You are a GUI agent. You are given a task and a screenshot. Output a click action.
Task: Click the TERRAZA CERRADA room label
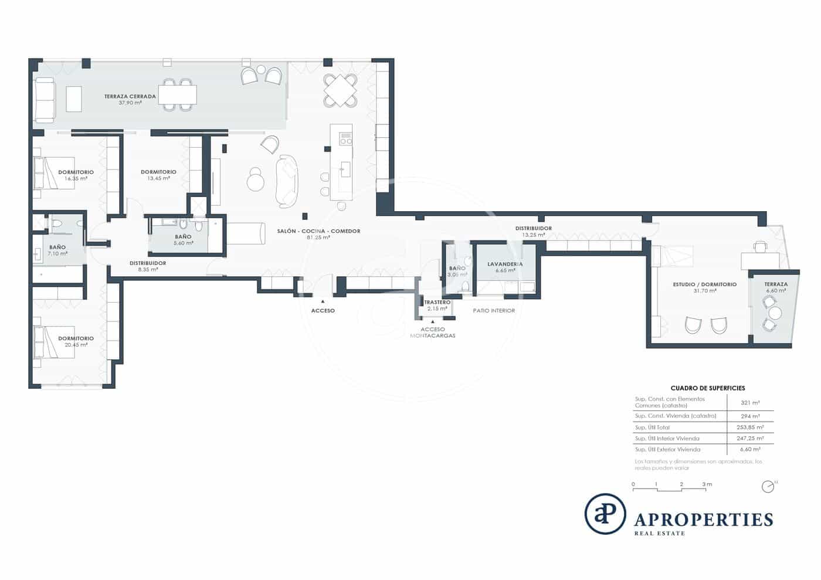click(x=130, y=97)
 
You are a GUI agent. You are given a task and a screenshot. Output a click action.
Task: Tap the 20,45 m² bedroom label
click(x=76, y=338)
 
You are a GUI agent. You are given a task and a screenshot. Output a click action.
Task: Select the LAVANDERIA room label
click(x=505, y=264)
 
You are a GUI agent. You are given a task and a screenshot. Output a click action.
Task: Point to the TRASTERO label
click(x=437, y=303)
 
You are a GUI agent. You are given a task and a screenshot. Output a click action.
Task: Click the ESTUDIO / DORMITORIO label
click(x=704, y=284)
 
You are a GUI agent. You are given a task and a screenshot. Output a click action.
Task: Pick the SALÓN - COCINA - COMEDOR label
click(x=318, y=231)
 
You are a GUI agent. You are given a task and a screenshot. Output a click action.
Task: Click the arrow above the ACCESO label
click(x=323, y=301)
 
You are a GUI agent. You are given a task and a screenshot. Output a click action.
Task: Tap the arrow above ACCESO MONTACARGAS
click(x=433, y=321)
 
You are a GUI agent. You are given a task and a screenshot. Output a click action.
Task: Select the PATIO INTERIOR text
click(x=494, y=310)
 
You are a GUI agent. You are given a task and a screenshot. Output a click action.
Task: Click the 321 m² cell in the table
click(x=750, y=403)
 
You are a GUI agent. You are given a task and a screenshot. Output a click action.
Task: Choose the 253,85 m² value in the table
click(x=750, y=428)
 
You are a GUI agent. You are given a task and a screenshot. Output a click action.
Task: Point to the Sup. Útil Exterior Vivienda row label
click(x=667, y=449)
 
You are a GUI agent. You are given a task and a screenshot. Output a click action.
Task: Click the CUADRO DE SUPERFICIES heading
click(x=707, y=388)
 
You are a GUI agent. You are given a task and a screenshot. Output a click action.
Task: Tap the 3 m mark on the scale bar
click(x=707, y=484)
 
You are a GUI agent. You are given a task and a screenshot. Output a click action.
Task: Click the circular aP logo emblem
click(x=605, y=514)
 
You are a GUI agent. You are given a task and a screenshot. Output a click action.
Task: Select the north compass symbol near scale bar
click(x=767, y=487)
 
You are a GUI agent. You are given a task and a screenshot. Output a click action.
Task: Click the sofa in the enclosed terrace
click(x=45, y=100)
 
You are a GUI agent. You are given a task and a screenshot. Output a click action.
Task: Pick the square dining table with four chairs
click(x=340, y=90)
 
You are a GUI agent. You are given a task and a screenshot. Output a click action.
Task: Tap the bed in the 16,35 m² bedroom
click(x=55, y=173)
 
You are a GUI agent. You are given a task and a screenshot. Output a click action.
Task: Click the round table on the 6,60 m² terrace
click(x=775, y=313)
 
